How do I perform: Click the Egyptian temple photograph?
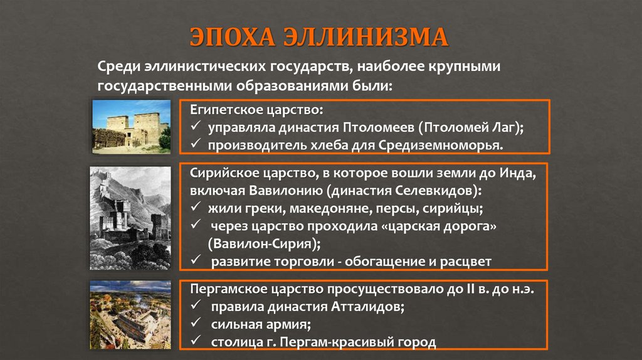click(131, 126)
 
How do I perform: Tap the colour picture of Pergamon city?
click(130, 314)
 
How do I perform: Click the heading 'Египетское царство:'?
click(257, 110)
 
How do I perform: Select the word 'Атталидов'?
click(361, 307)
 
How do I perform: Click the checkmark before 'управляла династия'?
click(196, 128)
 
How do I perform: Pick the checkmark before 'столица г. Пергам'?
click(196, 342)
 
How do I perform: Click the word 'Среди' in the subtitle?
click(117, 66)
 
